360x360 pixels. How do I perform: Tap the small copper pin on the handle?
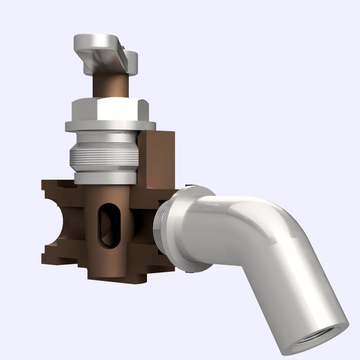point(121,53)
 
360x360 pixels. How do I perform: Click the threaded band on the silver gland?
point(103,157)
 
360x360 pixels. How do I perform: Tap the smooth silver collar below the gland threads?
point(105,178)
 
